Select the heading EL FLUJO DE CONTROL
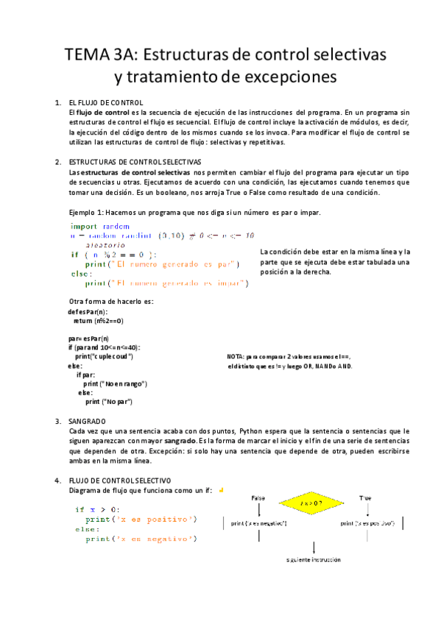[x=105, y=102]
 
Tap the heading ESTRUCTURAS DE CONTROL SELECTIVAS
[x=135, y=161]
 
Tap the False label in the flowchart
[x=258, y=498]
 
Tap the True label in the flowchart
[x=365, y=498]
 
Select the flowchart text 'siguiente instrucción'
[x=314, y=560]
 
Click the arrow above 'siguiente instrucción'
[x=314, y=547]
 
